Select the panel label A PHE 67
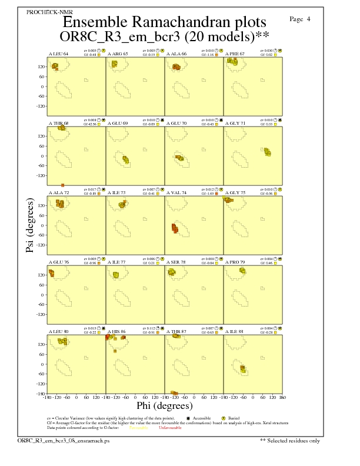click(x=235, y=54)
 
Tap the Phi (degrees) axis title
click(x=164, y=405)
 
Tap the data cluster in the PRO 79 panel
click(x=242, y=270)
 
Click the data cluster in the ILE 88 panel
click(x=242, y=369)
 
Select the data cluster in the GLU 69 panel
click(x=125, y=159)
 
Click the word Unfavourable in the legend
click(x=169, y=428)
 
